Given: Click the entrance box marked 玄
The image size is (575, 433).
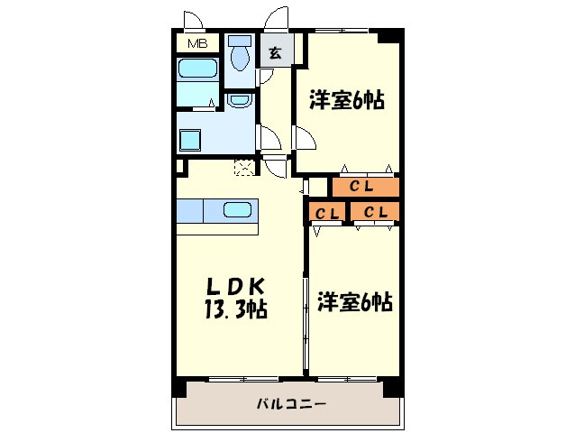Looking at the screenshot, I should tap(274, 52).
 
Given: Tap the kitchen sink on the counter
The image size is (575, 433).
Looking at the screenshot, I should tap(237, 210).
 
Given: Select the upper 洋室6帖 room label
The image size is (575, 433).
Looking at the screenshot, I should tap(348, 100).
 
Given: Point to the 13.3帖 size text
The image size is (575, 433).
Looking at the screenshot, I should tap(236, 309).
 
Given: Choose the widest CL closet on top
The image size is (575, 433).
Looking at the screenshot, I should tap(364, 187).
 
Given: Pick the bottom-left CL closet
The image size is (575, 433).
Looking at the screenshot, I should tap(326, 213).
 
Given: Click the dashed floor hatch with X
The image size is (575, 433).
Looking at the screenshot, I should tap(243, 166).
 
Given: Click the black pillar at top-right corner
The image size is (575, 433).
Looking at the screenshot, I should tap(389, 37).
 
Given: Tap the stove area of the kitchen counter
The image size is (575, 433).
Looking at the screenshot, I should tap(190, 210).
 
